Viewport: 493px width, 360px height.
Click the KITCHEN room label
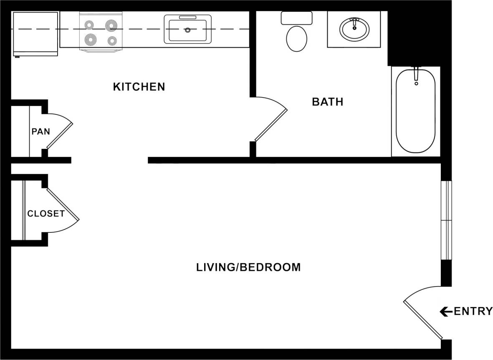click(139, 87)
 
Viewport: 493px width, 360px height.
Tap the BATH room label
click(328, 102)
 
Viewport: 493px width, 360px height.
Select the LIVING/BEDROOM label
click(248, 267)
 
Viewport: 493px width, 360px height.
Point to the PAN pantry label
click(41, 132)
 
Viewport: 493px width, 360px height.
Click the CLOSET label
click(46, 214)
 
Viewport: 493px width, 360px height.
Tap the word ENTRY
click(473, 311)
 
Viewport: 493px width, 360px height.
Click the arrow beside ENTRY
click(446, 311)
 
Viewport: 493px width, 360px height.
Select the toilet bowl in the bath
click(296, 38)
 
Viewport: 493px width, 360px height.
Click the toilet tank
click(296, 18)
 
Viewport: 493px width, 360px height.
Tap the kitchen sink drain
click(188, 30)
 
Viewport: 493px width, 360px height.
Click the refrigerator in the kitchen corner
click(35, 33)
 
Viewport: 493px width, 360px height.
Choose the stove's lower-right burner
click(111, 40)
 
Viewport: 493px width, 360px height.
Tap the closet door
click(63, 204)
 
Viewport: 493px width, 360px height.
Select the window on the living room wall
click(446, 220)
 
